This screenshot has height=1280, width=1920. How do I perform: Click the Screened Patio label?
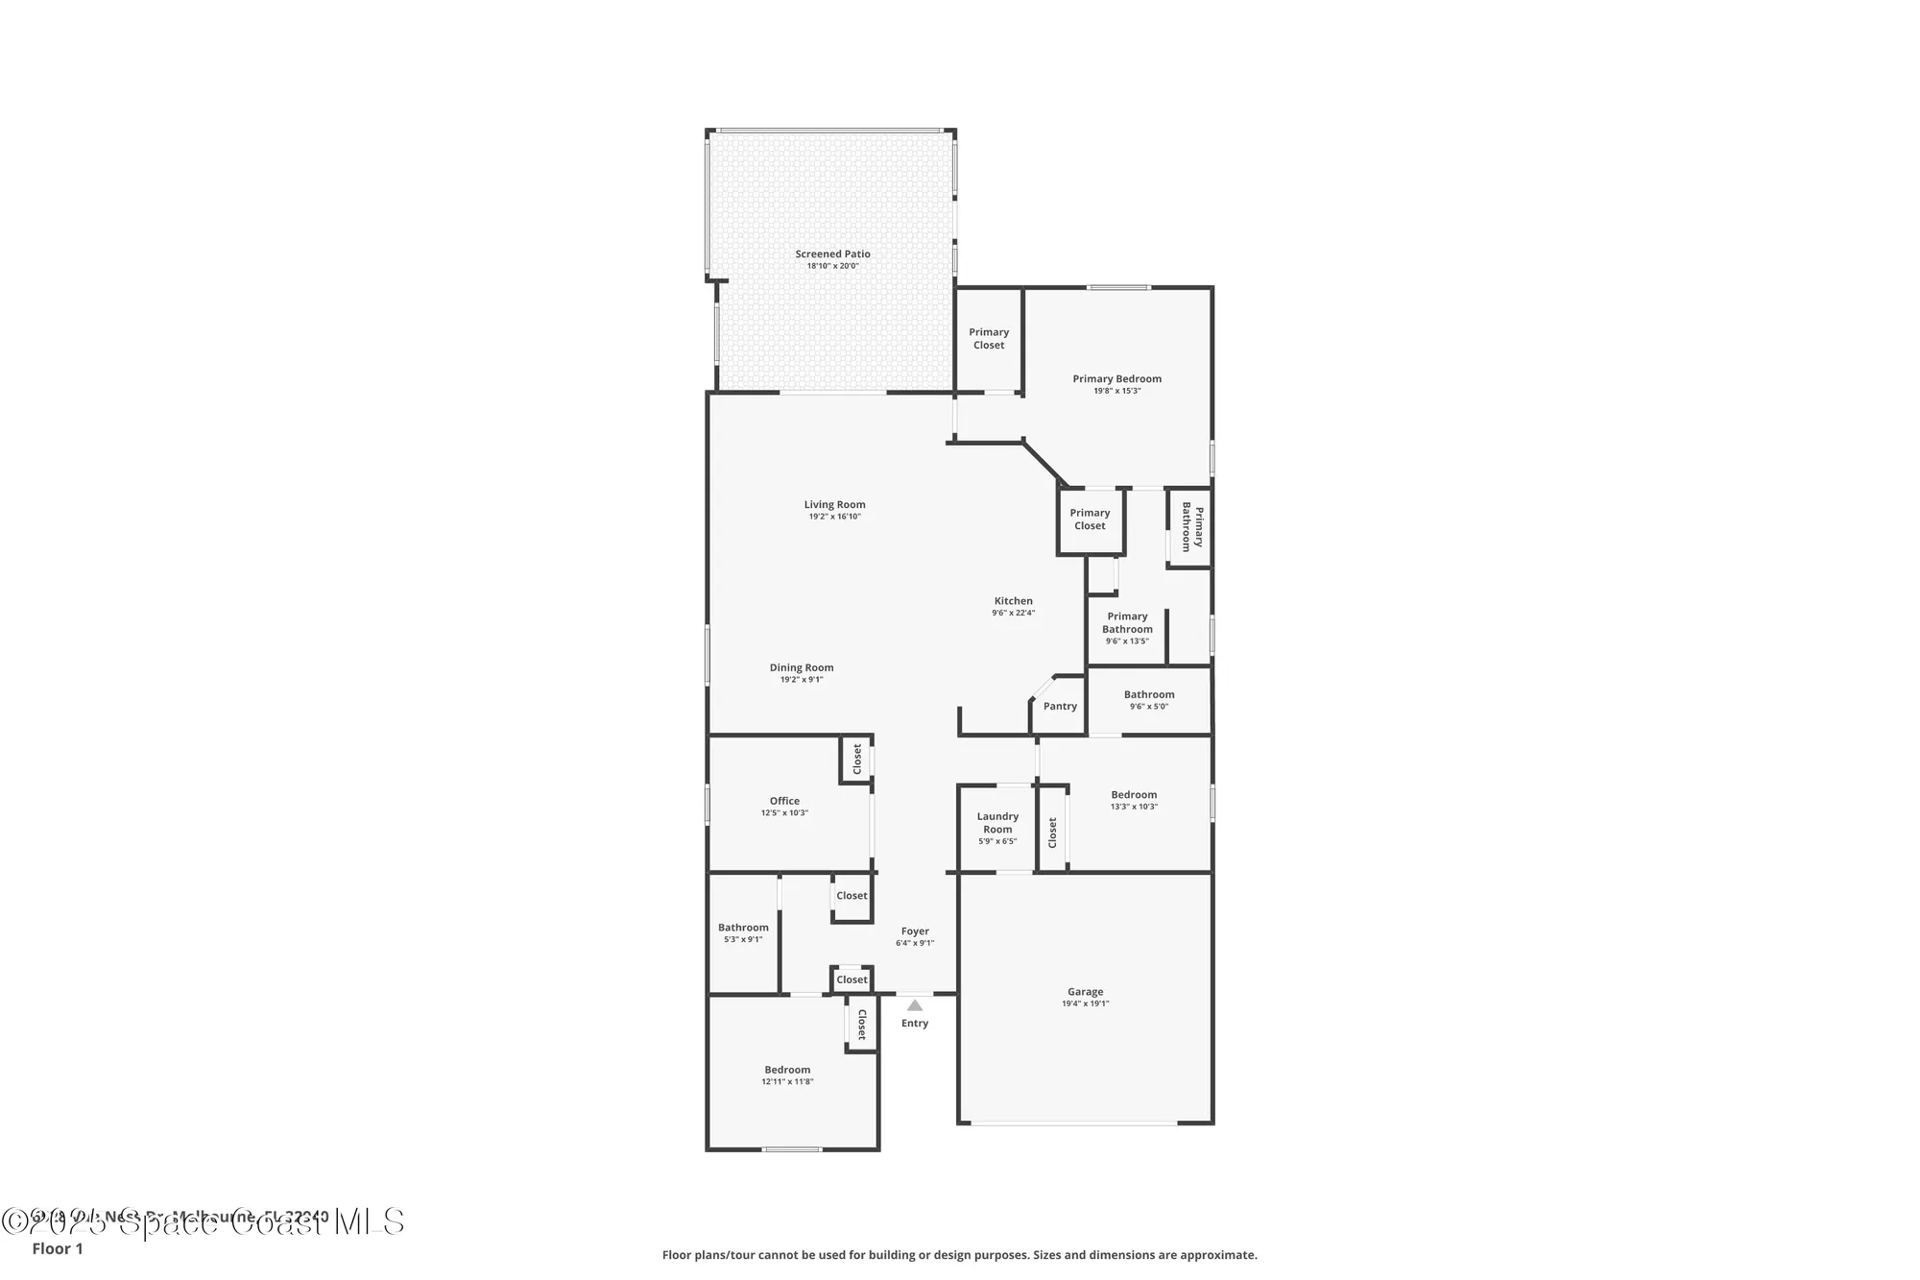(832, 254)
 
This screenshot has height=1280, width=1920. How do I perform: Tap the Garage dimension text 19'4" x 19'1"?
(1085, 1003)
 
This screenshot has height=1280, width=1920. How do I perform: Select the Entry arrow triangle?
(915, 1005)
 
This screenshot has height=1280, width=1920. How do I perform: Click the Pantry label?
(1060, 706)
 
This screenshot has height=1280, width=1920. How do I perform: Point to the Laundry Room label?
(997, 823)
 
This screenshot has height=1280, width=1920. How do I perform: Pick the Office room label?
(784, 801)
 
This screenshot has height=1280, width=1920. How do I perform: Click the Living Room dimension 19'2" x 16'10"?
(834, 517)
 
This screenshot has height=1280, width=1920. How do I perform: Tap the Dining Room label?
(802, 667)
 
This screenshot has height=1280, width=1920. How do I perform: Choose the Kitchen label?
(1013, 601)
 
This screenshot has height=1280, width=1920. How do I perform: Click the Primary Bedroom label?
(1116, 378)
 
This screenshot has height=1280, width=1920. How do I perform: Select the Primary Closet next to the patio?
(989, 338)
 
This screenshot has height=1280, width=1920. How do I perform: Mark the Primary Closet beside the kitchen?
(1090, 519)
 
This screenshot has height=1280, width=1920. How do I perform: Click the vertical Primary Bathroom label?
(1191, 527)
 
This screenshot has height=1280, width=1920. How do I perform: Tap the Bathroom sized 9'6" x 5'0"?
(1149, 694)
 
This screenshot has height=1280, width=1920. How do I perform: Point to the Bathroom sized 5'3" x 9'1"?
(743, 928)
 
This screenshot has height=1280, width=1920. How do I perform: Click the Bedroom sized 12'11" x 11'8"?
(787, 1070)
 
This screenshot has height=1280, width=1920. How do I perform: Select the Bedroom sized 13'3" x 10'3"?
(1134, 795)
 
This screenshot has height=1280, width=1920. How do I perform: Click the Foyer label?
(915, 931)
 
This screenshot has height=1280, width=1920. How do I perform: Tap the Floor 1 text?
(58, 1248)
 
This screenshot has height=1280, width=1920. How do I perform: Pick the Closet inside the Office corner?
(857, 760)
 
